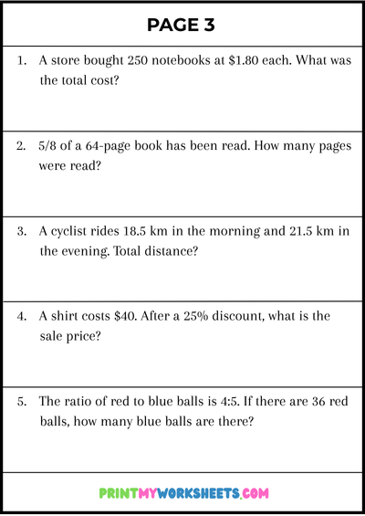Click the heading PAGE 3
182,25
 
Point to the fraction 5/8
49,146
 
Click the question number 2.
22,146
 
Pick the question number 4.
22,316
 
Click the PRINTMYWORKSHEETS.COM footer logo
183,493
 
